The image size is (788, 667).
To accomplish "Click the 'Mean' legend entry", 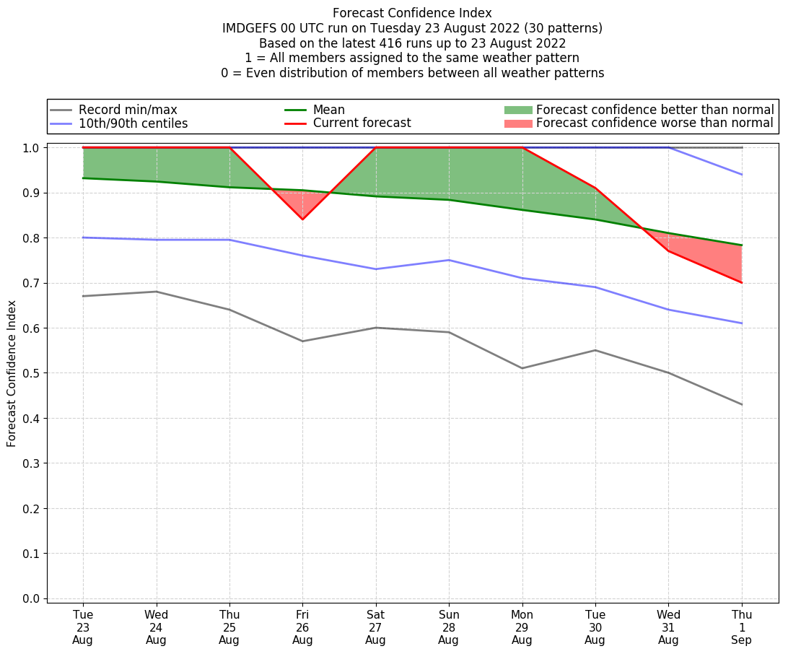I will pyautogui.click(x=328, y=110).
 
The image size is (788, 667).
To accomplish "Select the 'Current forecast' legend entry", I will pyautogui.click(x=362, y=123).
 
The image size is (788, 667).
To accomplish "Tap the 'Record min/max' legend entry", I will pyautogui.click(x=128, y=110).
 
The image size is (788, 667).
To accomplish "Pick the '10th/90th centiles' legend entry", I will pyautogui.click(x=133, y=123).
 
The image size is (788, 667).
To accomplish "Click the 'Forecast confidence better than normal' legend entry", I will pyautogui.click(x=655, y=110).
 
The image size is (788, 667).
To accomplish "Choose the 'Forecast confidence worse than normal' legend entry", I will pyautogui.click(x=655, y=123).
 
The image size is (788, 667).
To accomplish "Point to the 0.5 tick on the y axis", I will pyautogui.click(x=33, y=373).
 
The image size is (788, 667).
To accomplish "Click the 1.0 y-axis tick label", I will pyautogui.click(x=33, y=148).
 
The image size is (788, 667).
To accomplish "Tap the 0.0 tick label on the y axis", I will pyautogui.click(x=33, y=598).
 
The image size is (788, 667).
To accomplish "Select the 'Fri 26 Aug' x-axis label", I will pyautogui.click(x=302, y=627).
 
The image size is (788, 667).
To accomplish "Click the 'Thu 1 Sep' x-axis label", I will pyautogui.click(x=742, y=627).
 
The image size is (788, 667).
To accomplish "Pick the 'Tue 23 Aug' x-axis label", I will pyautogui.click(x=83, y=627).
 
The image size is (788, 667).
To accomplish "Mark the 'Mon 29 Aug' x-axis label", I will pyautogui.click(x=522, y=627).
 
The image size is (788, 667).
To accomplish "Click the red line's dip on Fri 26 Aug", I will pyautogui.click(x=302, y=219).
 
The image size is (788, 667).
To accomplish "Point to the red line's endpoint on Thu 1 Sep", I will pyautogui.click(x=742, y=282).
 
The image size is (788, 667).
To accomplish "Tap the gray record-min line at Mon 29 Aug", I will pyautogui.click(x=522, y=368).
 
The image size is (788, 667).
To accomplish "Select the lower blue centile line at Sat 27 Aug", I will pyautogui.click(x=375, y=269).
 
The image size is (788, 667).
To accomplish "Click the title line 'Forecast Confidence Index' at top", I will pyautogui.click(x=412, y=13).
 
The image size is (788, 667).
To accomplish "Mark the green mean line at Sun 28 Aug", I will pyautogui.click(x=449, y=200).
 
